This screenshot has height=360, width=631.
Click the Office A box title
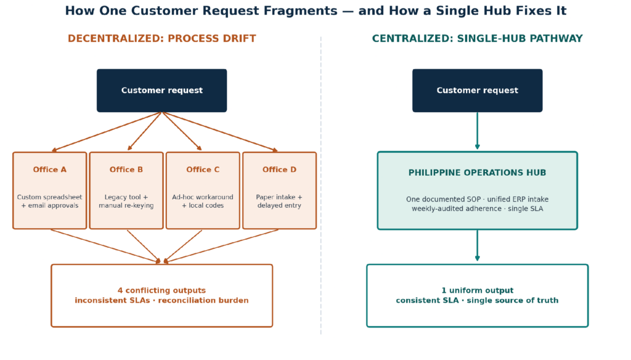click(49, 170)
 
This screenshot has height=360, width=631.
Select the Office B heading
click(126, 170)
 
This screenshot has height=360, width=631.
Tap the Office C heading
click(203, 170)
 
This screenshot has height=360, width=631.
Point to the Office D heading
click(279, 170)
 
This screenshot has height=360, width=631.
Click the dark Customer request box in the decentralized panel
click(162, 91)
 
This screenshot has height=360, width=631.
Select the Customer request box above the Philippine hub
click(478, 91)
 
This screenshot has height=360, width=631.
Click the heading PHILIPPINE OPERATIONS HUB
click(478, 173)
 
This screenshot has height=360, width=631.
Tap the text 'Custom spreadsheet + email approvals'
click(49, 202)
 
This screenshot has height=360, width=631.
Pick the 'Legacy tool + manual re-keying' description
click(126, 202)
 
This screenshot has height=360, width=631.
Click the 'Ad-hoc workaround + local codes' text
click(203, 202)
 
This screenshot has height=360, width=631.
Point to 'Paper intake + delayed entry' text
click(279, 202)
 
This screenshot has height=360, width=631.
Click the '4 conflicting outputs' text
click(162, 290)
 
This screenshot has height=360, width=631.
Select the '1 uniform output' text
click(478, 290)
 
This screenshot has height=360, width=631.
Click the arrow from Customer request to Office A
click(107, 132)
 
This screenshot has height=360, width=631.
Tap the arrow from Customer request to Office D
click(220, 132)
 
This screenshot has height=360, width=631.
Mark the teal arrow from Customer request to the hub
click(478, 131)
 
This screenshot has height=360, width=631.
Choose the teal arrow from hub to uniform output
click(478, 245)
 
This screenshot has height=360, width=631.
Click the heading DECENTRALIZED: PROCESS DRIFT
click(162, 39)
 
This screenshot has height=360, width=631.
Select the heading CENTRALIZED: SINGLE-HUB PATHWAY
click(478, 39)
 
